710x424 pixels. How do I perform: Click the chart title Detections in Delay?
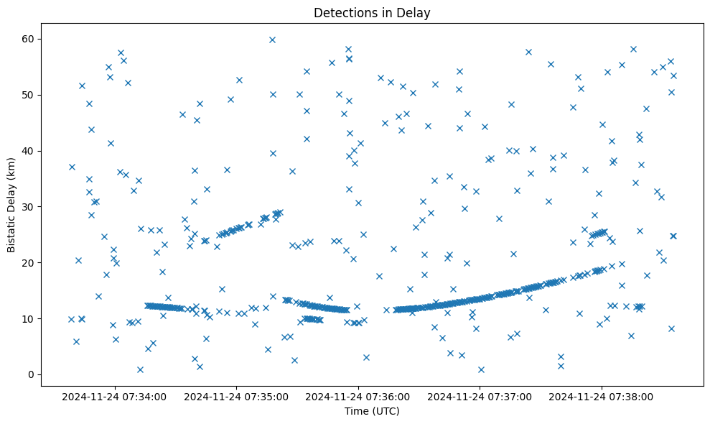tap(372, 12)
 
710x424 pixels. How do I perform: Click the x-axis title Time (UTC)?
tap(372, 411)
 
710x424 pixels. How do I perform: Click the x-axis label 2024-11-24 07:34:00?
tap(115, 396)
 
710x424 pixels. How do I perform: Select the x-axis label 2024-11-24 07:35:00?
tap(236, 396)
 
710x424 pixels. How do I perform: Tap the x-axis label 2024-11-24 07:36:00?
tap(358, 396)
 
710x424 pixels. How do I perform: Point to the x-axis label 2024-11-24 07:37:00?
tap(480, 396)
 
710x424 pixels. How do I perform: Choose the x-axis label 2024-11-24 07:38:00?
tap(602, 396)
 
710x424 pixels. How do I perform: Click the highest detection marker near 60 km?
tap(272, 40)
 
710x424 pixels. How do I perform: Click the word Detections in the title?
tap(343, 12)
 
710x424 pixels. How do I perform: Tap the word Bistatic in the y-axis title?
tap(12, 229)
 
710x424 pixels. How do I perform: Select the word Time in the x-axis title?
tap(357, 411)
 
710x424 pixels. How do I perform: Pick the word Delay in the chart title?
tap(416, 12)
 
